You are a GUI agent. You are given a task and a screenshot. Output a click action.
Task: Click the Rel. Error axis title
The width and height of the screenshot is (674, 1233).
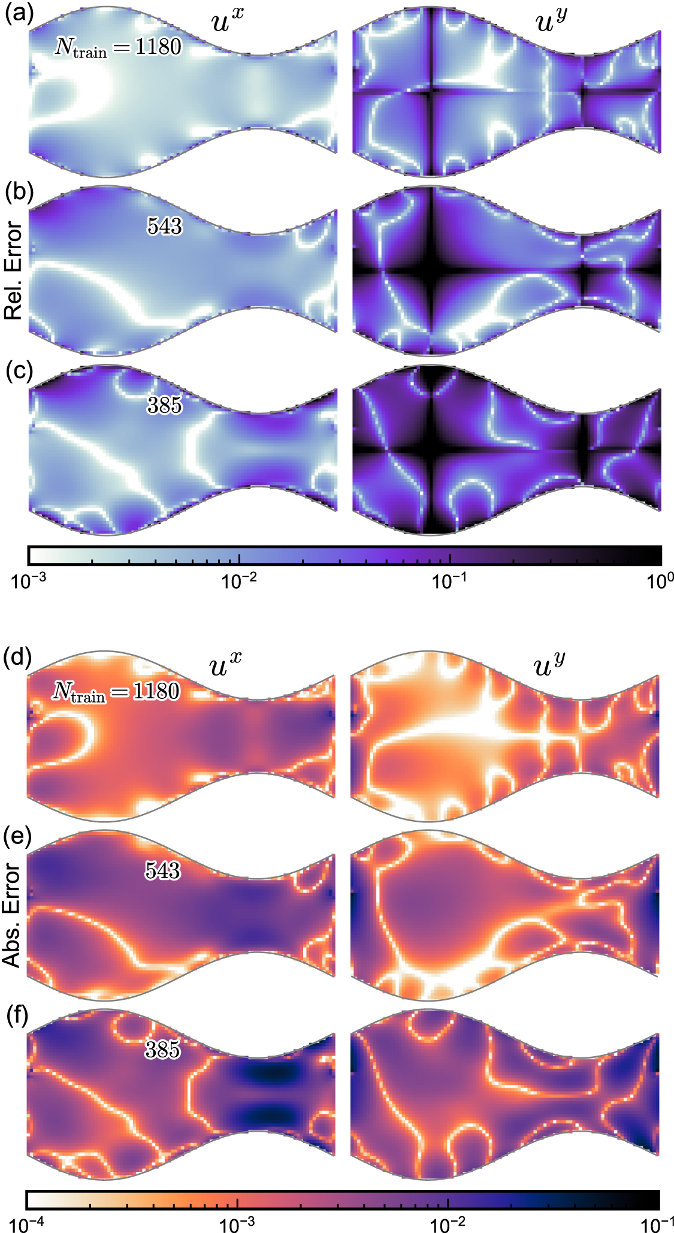pyautogui.click(x=13, y=270)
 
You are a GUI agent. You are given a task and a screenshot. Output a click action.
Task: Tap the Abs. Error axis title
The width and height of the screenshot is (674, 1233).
pyautogui.click(x=12, y=915)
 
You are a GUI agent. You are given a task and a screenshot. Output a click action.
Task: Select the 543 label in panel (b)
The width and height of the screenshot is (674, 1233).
pyautogui.click(x=164, y=226)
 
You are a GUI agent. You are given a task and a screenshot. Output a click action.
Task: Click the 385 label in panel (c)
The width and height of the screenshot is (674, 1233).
pyautogui.click(x=164, y=406)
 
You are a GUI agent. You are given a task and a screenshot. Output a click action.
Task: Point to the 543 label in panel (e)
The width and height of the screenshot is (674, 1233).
pyautogui.click(x=162, y=870)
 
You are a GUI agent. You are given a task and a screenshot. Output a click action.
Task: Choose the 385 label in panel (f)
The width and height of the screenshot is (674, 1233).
pyautogui.click(x=162, y=1050)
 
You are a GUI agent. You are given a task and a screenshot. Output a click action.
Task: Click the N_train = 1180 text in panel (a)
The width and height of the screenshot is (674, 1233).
pyautogui.click(x=118, y=47)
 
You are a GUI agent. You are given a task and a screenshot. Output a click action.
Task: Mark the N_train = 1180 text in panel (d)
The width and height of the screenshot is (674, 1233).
pyautogui.click(x=116, y=692)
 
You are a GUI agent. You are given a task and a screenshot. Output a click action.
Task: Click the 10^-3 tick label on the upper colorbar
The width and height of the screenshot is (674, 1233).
pyautogui.click(x=27, y=581)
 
